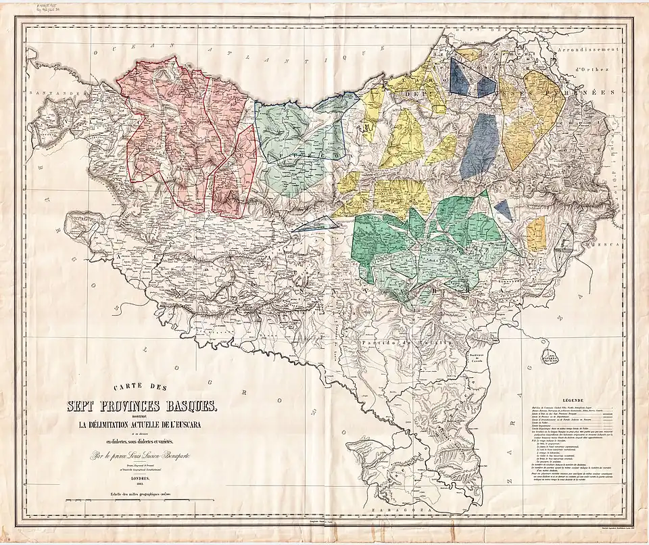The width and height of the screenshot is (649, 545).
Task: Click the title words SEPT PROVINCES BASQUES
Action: (141, 407)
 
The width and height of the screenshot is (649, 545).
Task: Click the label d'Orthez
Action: (594, 69)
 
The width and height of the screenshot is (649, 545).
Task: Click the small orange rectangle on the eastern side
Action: (536, 232)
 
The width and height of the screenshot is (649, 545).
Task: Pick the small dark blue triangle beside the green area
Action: (502, 210)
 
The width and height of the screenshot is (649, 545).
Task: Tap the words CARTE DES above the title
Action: (141, 388)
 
